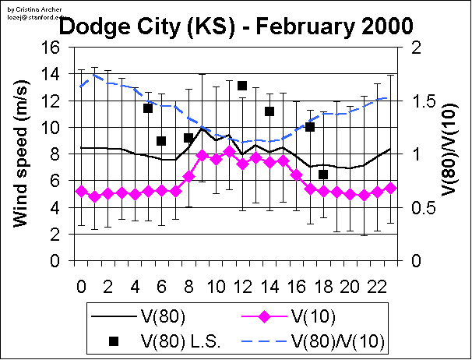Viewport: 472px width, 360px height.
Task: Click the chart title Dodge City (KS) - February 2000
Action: pos(236,26)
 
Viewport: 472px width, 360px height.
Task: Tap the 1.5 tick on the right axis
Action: pos(417,101)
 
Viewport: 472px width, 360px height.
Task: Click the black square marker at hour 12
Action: pos(242,86)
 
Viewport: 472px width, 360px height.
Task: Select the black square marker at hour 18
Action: pos(323,174)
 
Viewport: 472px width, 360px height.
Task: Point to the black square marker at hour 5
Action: pos(148,108)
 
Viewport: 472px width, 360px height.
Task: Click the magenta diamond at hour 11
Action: pos(229,151)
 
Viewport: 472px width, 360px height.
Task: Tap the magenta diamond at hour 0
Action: pos(81,191)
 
